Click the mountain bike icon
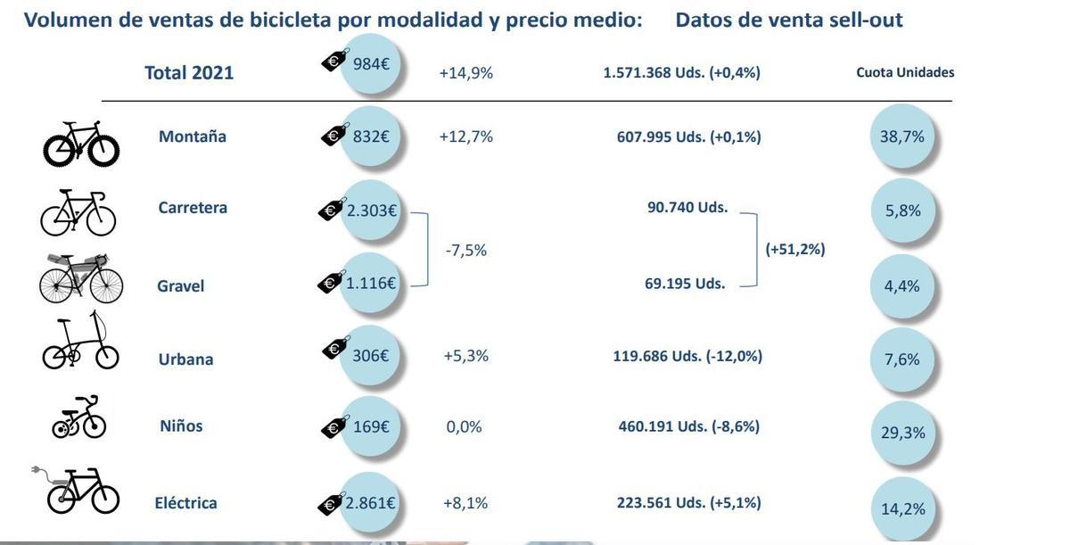[x=81, y=144]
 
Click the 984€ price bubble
[x=371, y=63]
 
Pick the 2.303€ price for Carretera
[x=371, y=211]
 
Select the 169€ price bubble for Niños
[x=371, y=426]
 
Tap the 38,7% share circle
[x=901, y=136]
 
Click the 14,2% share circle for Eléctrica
[x=902, y=508]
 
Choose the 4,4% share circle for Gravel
[x=901, y=285]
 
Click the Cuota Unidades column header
[x=905, y=72]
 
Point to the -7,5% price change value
[x=465, y=251]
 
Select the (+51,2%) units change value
[x=795, y=249]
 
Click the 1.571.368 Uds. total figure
[x=681, y=72]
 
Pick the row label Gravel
[x=181, y=285]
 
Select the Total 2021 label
[x=189, y=73]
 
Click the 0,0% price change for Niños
[x=464, y=427]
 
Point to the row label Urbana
[x=185, y=359]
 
